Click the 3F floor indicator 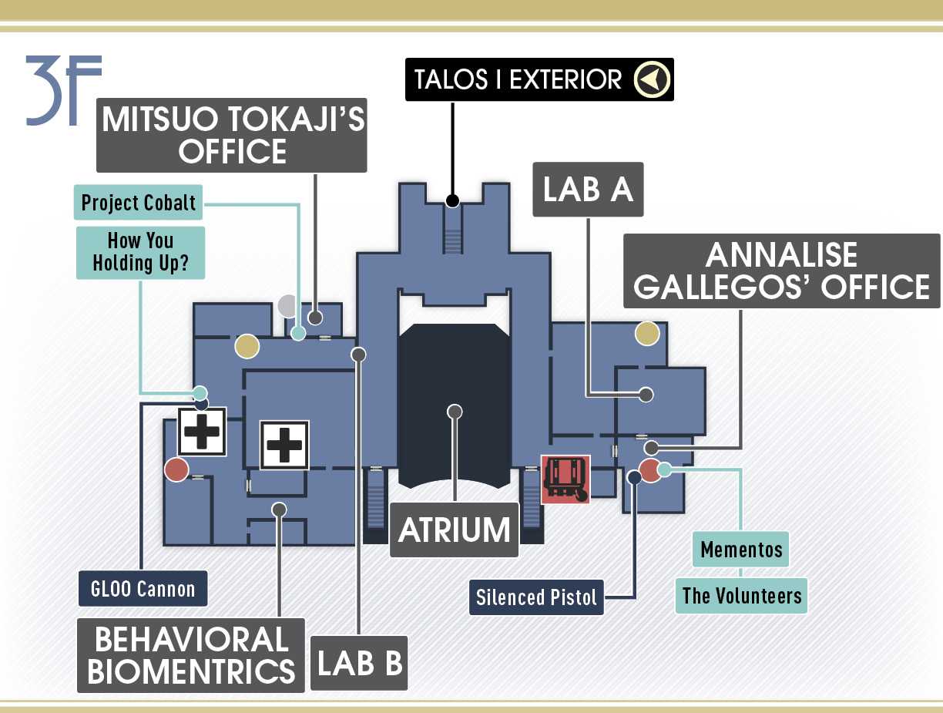[64, 90]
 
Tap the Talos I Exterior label [539, 79]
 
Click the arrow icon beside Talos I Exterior [652, 79]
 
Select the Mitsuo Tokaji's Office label [232, 135]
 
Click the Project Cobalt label [139, 203]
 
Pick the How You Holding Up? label [140, 253]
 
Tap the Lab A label [588, 189]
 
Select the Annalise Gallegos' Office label [781, 271]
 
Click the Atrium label [454, 530]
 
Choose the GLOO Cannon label [143, 588]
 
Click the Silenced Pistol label [536, 597]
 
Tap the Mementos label [740, 550]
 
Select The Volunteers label [741, 596]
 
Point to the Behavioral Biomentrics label [191, 655]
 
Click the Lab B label [359, 663]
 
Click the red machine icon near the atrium [565, 479]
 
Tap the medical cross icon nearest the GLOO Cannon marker [202, 432]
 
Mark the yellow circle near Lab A [647, 334]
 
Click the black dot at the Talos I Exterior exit [452, 200]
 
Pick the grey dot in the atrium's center [455, 412]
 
